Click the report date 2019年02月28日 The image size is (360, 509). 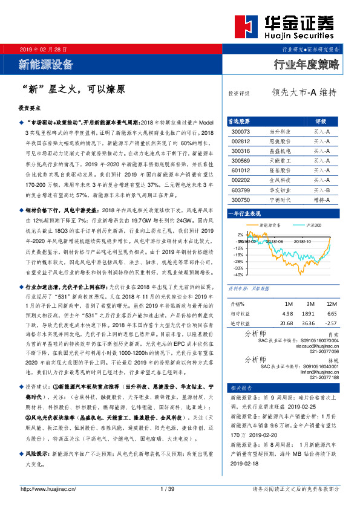point(44,48)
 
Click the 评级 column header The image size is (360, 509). point(321,121)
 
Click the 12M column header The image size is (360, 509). point(331,303)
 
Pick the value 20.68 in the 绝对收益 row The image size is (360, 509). point(288,324)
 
